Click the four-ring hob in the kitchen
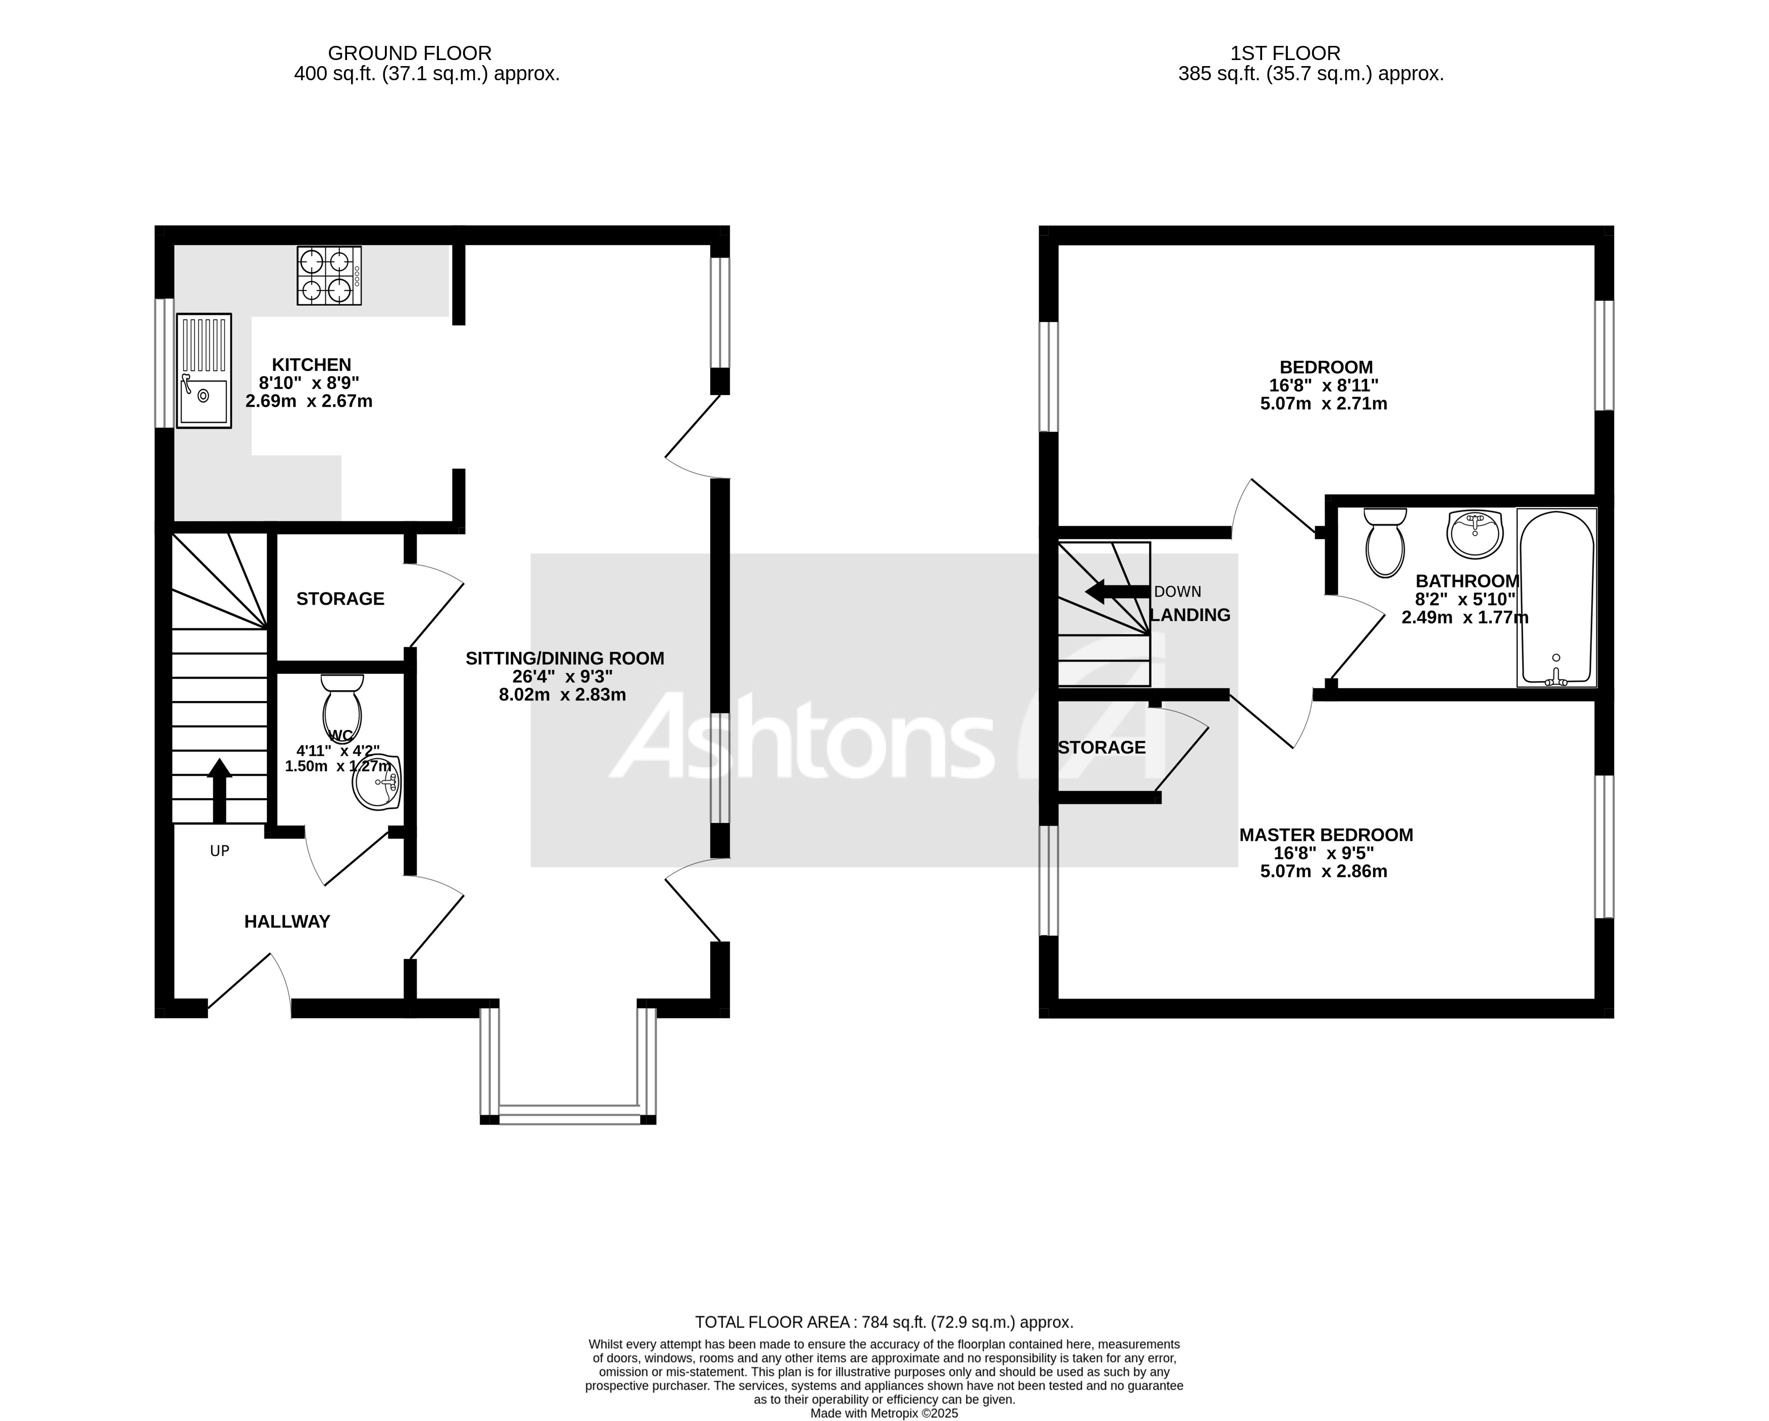pyautogui.click(x=329, y=277)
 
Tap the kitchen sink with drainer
pyautogui.click(x=203, y=371)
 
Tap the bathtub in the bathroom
pyautogui.click(x=1557, y=597)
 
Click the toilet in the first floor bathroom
pyautogui.click(x=1385, y=542)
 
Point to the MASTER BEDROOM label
pyautogui.click(x=1326, y=835)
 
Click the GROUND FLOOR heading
pyautogui.click(x=410, y=53)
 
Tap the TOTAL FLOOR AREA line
pyautogui.click(x=884, y=1323)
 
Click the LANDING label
pyautogui.click(x=1190, y=615)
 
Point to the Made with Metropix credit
pyautogui.click(x=884, y=1413)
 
